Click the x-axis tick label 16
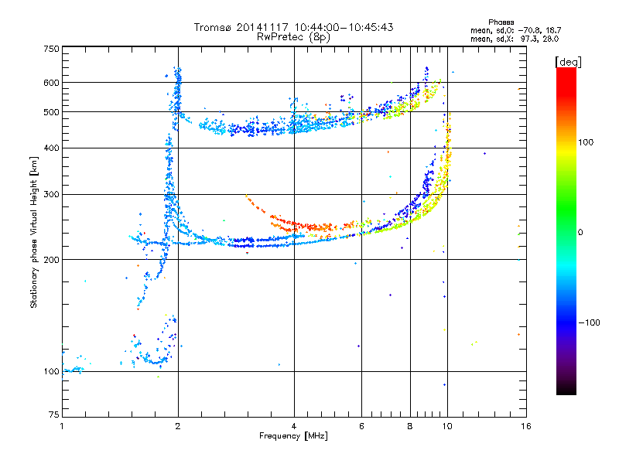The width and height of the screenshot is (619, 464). coord(525,426)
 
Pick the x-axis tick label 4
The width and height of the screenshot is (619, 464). coord(294,426)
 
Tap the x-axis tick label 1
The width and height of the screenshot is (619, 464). coord(62,426)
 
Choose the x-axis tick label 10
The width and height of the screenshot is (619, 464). coord(446,426)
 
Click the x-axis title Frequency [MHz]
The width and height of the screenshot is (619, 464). coord(293,436)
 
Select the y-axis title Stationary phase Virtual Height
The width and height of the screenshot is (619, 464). coord(34,232)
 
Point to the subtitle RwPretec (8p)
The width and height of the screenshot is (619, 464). coord(293,36)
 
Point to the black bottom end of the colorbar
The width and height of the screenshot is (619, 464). coord(566,391)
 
